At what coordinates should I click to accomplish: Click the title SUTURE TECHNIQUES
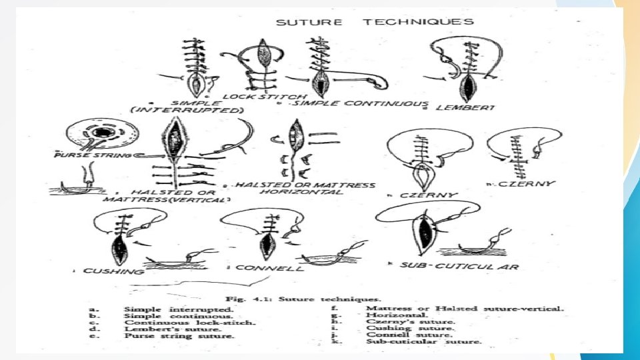[x=375, y=22]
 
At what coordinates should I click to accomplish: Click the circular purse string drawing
[x=101, y=136]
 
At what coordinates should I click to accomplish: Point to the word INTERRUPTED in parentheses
[x=196, y=110]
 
